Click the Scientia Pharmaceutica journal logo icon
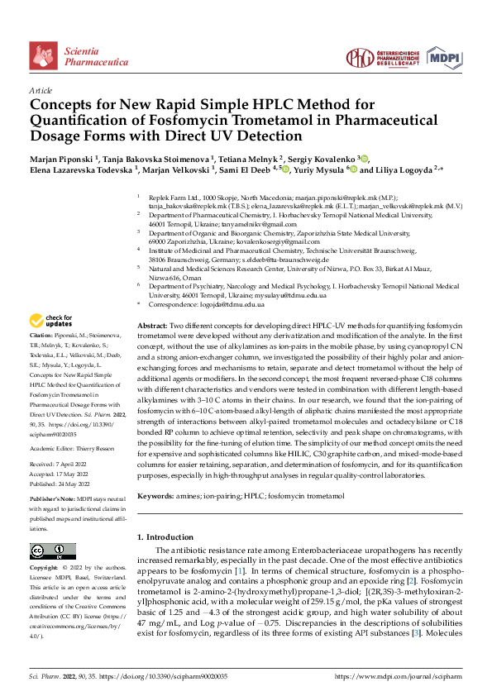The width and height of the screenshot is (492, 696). pyautogui.click(x=44, y=55)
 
